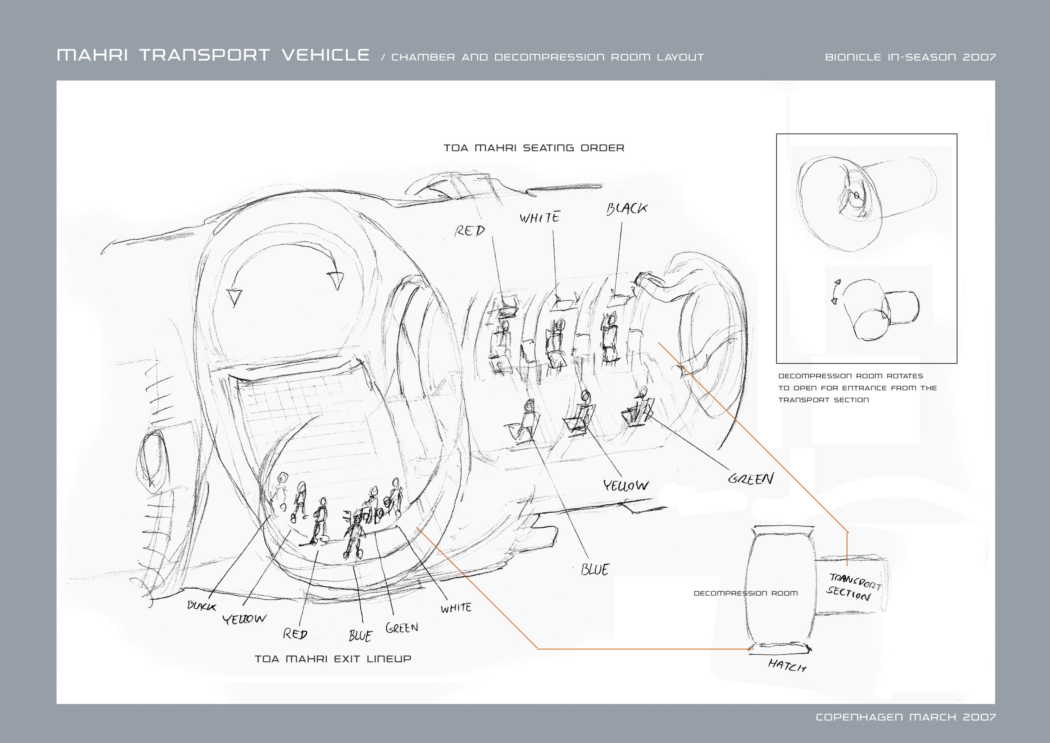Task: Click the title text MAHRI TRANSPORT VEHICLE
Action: [x=213, y=55]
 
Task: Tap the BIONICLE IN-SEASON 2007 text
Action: [x=910, y=57]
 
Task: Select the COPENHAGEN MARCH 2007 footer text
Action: [x=906, y=717]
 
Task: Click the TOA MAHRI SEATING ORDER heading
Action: [x=534, y=148]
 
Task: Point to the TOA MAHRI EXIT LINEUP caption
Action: [x=333, y=659]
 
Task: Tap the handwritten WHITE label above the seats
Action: [x=540, y=217]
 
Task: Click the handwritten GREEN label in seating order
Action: [x=751, y=479]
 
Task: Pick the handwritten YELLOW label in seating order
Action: [x=625, y=485]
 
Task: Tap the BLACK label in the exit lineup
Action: [x=201, y=606]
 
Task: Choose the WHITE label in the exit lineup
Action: [x=456, y=608]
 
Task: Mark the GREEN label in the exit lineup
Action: [x=402, y=628]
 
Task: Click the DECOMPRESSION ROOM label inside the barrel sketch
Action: [x=746, y=593]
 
